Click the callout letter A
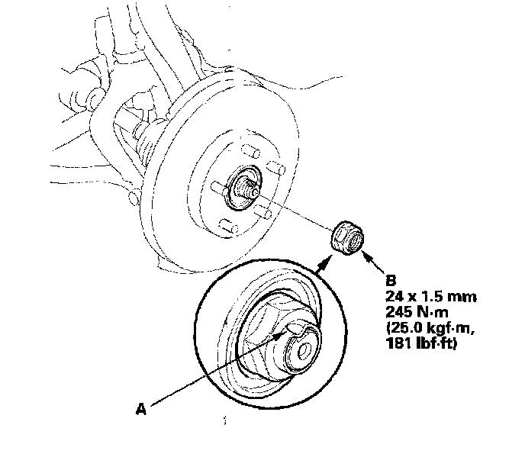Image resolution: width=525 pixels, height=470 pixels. coord(140,409)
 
